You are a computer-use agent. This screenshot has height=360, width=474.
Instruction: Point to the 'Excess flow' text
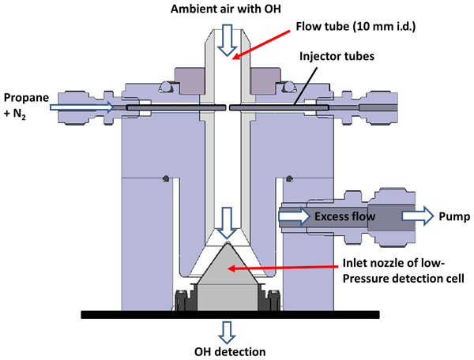tap(344, 214)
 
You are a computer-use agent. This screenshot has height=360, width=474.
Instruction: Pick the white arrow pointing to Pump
tap(415, 214)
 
